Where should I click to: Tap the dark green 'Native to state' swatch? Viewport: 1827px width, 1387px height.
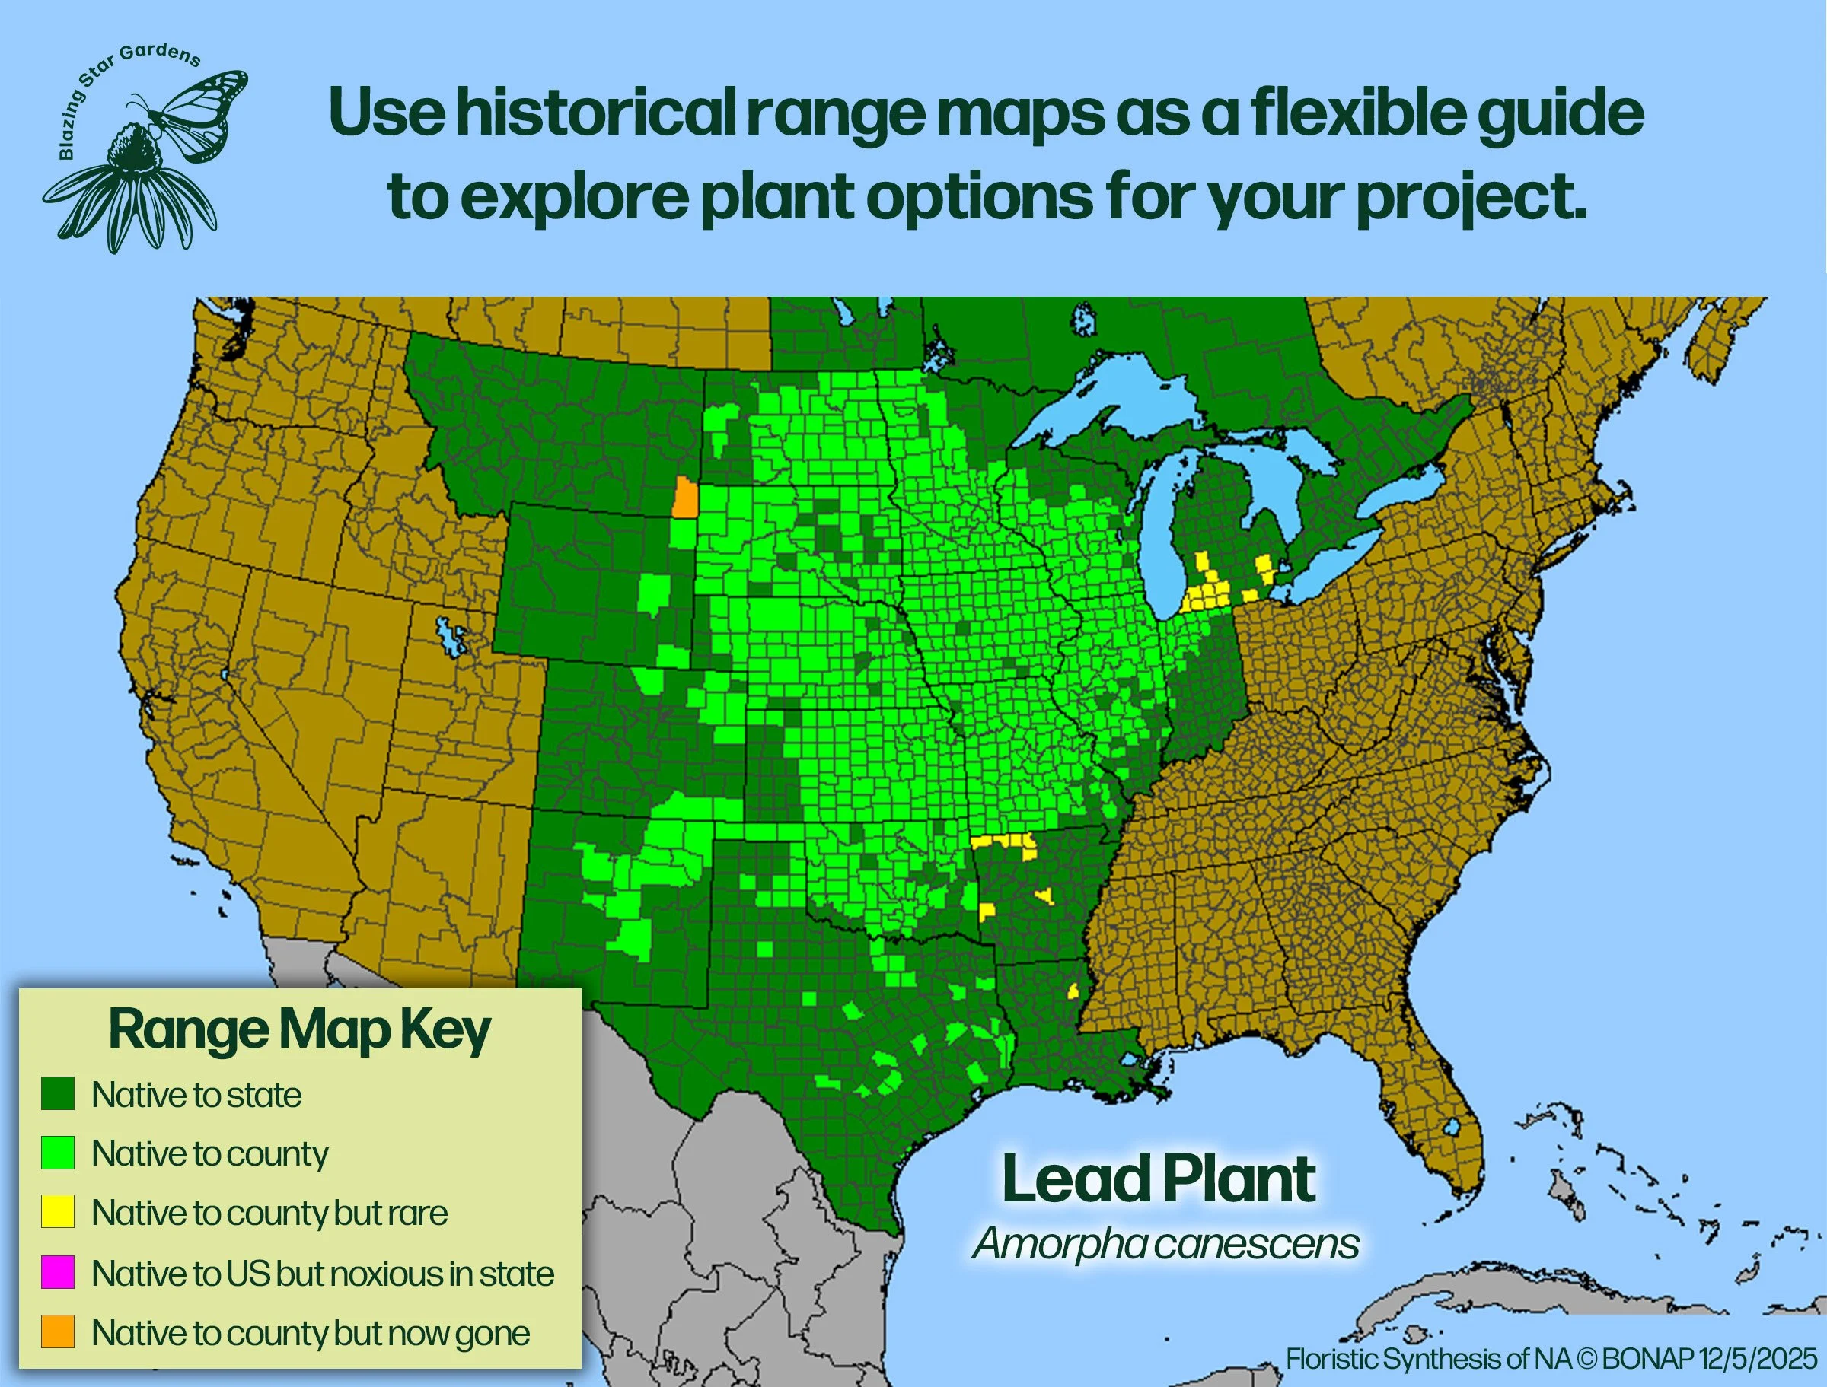58,1093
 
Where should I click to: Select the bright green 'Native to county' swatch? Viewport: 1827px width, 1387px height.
58,1153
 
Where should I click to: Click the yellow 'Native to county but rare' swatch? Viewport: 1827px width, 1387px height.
58,1211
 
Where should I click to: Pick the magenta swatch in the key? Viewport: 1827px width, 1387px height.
58,1272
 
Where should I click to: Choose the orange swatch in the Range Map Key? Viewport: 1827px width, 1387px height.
58,1331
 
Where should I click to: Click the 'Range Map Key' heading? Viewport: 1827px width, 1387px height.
299,1029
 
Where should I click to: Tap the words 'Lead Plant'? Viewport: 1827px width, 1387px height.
1158,1180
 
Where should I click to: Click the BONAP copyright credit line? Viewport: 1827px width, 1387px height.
1551,1358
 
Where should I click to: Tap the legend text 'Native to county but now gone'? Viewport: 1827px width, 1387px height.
311,1332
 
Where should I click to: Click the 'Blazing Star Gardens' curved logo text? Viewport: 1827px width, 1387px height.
124,83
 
